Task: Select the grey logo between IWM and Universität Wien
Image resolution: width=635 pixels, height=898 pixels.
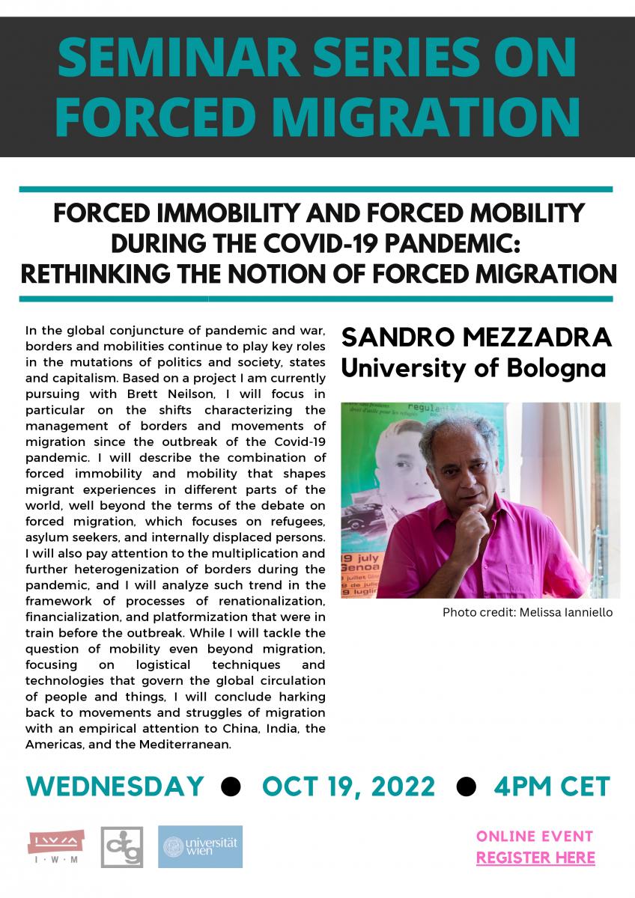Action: click(122, 847)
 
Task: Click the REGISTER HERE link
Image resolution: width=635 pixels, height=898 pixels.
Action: click(535, 858)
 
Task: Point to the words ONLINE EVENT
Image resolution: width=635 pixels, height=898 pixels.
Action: click(535, 836)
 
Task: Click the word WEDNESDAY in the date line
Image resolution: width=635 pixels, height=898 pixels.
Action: click(115, 786)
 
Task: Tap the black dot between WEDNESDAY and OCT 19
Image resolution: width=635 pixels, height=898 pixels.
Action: click(232, 787)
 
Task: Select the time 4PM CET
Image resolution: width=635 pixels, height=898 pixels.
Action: click(552, 786)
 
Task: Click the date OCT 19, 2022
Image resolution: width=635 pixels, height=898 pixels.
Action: click(349, 786)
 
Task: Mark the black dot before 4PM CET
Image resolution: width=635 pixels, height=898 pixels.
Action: click(466, 787)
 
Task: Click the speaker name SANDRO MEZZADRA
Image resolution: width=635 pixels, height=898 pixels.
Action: click(476, 337)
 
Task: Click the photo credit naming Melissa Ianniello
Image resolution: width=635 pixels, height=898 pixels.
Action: click(527, 612)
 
